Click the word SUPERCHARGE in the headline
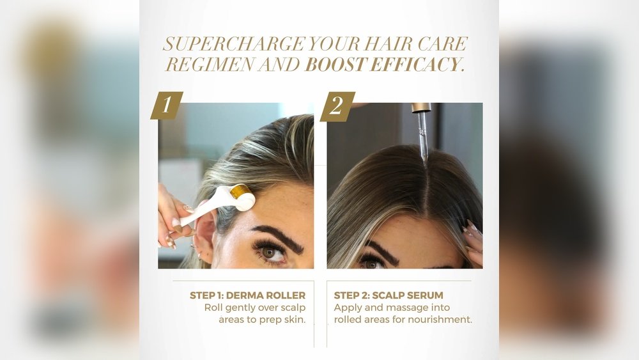click(234, 44)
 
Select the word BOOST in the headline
click(335, 65)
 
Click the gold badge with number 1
click(167, 106)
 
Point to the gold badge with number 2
click(337, 106)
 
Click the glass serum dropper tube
click(423, 139)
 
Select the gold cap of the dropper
click(421, 107)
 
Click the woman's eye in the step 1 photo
click(270, 252)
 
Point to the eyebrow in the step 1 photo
click(278, 238)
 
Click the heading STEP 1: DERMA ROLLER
click(247, 295)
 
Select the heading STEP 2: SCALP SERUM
click(389, 295)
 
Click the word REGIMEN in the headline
click(210, 65)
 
